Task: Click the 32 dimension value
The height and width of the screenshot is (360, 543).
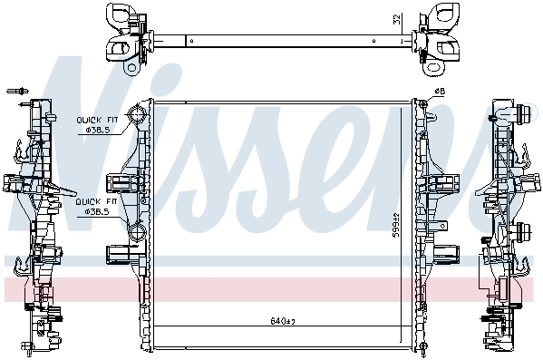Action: pyautogui.click(x=397, y=19)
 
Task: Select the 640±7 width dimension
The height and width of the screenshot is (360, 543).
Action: pyautogui.click(x=283, y=321)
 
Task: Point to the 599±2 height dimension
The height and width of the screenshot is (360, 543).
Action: pyautogui.click(x=396, y=225)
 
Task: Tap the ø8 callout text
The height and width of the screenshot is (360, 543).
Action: pyautogui.click(x=440, y=92)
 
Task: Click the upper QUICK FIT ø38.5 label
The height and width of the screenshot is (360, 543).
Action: pyautogui.click(x=97, y=125)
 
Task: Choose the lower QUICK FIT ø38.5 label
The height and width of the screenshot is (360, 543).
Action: pyautogui.click(x=97, y=207)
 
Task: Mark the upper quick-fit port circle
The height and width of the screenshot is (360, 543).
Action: pyautogui.click(x=137, y=114)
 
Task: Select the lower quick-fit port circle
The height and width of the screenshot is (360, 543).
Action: pyautogui.click(x=137, y=232)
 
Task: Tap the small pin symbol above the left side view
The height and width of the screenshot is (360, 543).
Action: pyautogui.click(x=17, y=91)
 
